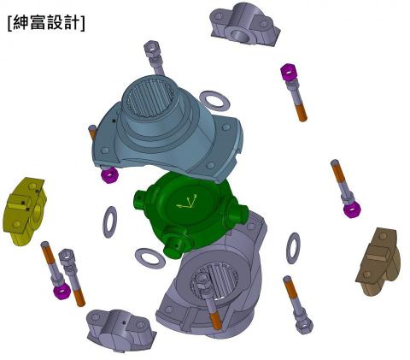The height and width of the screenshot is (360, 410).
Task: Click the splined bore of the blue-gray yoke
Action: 150,98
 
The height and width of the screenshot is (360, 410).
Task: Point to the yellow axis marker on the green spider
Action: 187,204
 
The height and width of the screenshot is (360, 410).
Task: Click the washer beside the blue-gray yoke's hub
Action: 214,101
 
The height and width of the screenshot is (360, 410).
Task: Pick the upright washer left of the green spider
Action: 109,221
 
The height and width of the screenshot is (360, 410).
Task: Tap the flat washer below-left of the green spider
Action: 150,257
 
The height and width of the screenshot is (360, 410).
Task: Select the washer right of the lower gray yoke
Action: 293,248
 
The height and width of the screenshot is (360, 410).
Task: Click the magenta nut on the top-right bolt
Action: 289,72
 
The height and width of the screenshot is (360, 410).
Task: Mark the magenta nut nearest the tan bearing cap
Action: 351,209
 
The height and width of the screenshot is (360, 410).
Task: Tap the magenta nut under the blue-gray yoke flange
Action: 109,175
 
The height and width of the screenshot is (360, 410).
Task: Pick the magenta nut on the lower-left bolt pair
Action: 61,291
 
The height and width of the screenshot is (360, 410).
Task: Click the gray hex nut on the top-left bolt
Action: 153,49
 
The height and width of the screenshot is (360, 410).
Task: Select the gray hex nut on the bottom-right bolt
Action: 303,325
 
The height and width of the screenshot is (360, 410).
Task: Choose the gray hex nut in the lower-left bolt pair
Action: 67,257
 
